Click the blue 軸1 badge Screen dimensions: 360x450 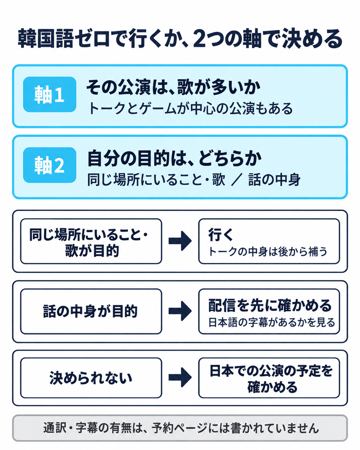[x=49, y=94]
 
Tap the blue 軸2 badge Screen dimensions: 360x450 [x=49, y=165]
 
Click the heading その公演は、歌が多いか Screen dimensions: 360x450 [x=173, y=87]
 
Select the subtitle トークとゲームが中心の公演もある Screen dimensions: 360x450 [x=190, y=108]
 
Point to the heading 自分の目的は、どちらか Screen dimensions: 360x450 [x=174, y=158]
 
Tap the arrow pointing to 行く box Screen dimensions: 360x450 [x=180, y=241]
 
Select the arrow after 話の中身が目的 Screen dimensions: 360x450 [x=180, y=311]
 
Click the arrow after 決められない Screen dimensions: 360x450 [x=180, y=377]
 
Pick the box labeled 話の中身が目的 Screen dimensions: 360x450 [x=91, y=311]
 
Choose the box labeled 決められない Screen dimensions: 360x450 [x=91, y=378]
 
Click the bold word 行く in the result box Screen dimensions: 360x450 [x=220, y=235]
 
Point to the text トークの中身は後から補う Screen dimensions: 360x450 [x=268, y=251]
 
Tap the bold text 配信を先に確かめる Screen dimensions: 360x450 [x=270, y=306]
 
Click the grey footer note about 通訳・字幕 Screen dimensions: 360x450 [x=180, y=428]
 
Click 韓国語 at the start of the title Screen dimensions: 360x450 [x=46, y=39]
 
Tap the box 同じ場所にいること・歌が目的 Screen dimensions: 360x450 [x=91, y=241]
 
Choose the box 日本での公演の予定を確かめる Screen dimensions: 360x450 [x=269, y=378]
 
